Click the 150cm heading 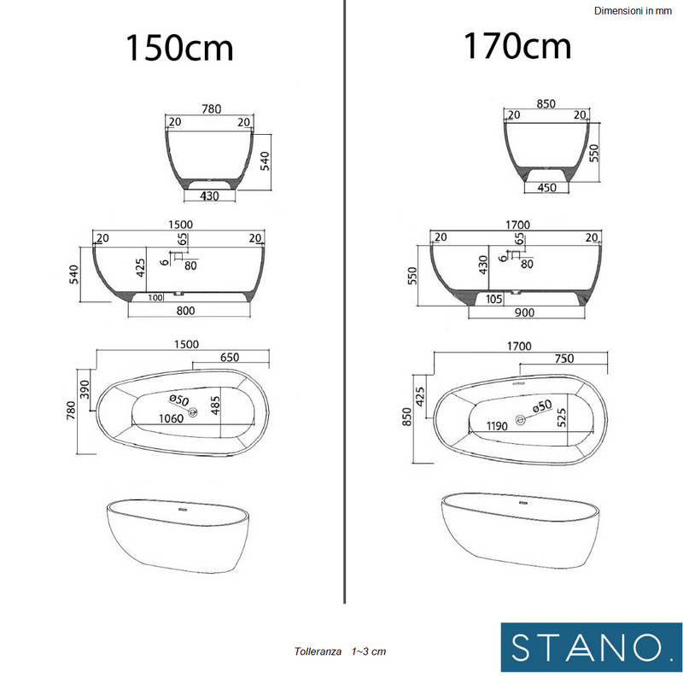[179, 48]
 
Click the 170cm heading [517, 46]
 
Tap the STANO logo [591, 647]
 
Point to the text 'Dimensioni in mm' [633, 11]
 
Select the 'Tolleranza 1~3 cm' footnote [340, 651]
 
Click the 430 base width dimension [209, 196]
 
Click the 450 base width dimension [546, 188]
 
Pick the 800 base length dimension [185, 311]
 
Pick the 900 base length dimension [524, 312]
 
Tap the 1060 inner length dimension [172, 418]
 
